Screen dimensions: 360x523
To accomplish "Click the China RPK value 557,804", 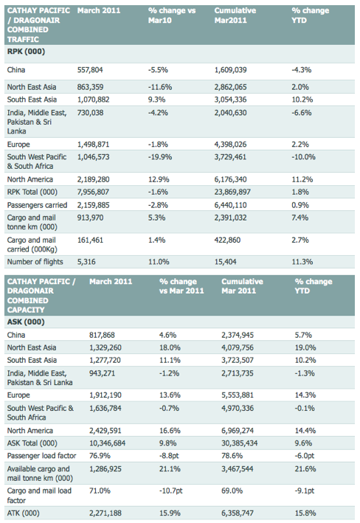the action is tap(90, 70).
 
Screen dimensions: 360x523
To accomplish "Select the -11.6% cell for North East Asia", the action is tap(160, 87).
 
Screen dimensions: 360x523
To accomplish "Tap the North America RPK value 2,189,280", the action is tap(94, 179).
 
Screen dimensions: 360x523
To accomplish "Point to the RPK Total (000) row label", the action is tap(32, 192).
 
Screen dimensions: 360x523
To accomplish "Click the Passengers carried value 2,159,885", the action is tap(94, 205).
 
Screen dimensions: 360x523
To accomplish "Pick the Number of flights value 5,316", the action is tap(86, 262).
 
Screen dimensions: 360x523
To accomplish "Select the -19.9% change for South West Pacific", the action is tap(160, 157).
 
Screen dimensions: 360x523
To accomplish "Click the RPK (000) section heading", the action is tap(26, 52).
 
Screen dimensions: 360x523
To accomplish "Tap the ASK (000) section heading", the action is tap(26, 322).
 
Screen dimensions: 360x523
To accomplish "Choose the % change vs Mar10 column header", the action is tap(172, 15).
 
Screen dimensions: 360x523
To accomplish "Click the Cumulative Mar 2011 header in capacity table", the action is tap(242, 286).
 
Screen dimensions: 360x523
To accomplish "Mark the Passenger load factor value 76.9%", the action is tap(100, 456).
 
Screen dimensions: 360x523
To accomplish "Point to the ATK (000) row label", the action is tap(24, 513).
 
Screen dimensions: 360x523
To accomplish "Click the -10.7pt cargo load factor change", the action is tap(171, 491).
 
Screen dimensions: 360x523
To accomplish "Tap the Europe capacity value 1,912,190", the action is tap(105, 395).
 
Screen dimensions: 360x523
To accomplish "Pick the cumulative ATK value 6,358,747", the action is tap(238, 513).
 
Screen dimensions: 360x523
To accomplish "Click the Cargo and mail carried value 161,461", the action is tap(91, 240).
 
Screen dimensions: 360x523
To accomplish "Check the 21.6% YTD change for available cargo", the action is tap(305, 469).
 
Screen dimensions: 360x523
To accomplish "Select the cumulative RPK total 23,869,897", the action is tap(232, 192).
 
